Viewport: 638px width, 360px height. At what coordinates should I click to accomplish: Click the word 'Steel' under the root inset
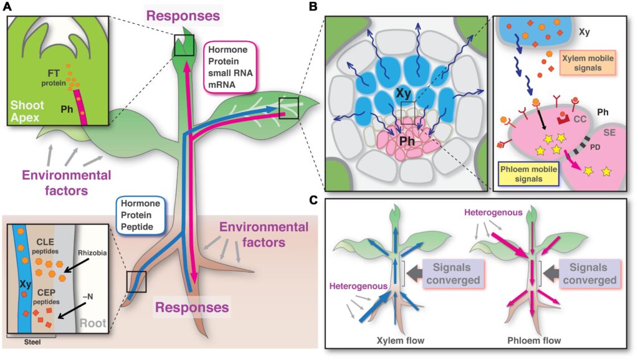pos(31,341)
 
